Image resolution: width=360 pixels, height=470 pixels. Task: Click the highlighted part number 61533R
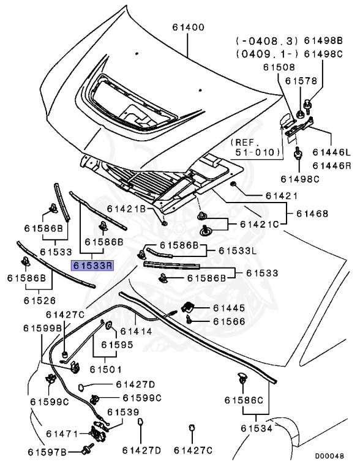92,265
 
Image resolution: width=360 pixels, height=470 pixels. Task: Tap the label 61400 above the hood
189,28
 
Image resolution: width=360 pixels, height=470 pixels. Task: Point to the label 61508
279,67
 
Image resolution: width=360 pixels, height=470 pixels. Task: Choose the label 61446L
331,152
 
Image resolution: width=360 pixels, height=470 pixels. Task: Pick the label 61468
312,214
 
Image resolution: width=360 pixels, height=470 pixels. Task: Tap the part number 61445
229,308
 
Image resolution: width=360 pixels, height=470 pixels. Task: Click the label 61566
229,321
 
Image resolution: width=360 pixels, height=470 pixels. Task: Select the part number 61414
136,331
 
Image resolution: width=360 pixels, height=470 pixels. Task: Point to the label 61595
117,345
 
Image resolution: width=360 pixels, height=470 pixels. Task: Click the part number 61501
106,369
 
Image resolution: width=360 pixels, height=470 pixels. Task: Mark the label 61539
123,412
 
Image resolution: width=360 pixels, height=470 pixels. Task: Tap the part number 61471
62,433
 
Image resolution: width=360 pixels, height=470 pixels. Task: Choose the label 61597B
47,452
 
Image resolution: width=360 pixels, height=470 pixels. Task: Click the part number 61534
257,428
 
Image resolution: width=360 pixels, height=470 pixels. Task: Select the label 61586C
244,400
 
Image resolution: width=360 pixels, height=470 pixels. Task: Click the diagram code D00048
329,456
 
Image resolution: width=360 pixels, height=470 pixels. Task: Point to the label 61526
40,300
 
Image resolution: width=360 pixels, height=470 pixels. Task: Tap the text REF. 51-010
255,147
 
